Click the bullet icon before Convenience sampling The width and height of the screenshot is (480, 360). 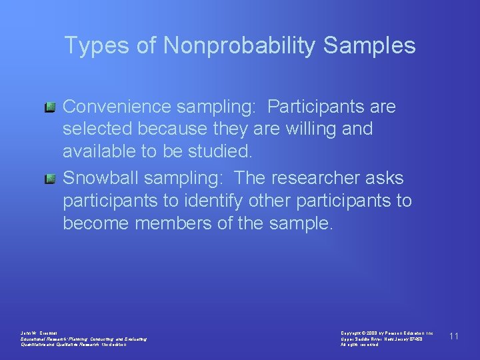click(50, 107)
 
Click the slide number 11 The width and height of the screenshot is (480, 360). click(453, 335)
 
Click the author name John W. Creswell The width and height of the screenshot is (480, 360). click(39, 332)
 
